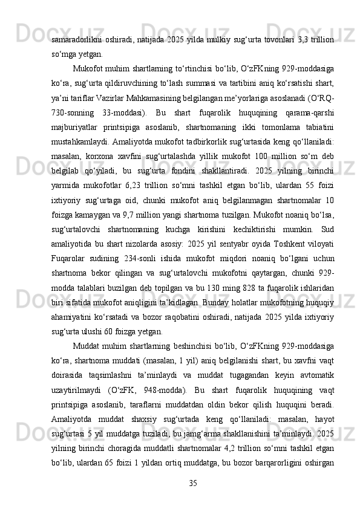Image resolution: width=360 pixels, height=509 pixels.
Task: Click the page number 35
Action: pyautogui.click(x=193, y=482)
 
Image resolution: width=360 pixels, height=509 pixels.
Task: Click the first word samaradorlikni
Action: pyautogui.click(x=75, y=39)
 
